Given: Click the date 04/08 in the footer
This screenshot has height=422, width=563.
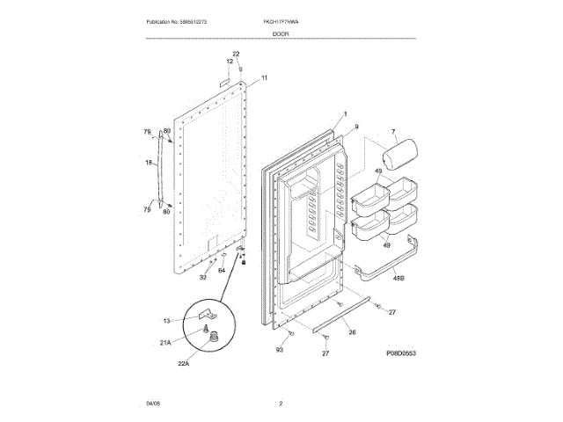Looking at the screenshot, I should point(153,404).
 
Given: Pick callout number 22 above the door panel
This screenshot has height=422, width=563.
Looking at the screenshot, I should point(235,55).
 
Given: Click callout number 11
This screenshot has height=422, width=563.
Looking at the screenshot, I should point(265,78).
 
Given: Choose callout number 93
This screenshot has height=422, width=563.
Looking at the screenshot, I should point(279,351).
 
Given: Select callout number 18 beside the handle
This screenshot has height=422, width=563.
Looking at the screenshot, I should point(149,163).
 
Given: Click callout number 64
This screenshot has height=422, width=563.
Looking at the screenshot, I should point(222,270).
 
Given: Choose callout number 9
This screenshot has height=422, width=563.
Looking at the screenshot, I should point(356,127).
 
